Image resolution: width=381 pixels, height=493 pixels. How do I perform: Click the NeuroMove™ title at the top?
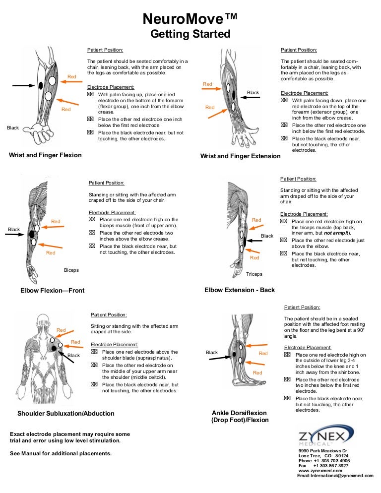tap(190, 19)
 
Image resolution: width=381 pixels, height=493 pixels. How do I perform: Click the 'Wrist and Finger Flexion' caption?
tap(45, 155)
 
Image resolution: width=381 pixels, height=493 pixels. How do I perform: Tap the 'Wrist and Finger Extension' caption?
tap(240, 156)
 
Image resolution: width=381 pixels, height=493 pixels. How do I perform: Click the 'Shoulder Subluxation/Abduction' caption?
tap(66, 413)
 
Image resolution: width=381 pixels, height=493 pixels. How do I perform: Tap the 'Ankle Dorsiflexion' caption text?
tap(239, 413)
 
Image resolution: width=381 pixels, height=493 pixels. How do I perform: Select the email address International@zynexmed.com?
tap(335, 476)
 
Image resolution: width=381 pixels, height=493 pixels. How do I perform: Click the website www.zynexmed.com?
tap(317, 471)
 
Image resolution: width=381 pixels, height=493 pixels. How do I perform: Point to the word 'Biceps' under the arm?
tap(71, 270)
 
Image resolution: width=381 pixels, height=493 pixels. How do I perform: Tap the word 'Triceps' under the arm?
tap(254, 274)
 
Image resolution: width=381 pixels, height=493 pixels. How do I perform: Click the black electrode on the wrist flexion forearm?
tap(40, 86)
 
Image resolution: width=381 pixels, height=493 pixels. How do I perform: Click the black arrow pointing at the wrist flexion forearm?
tap(23, 86)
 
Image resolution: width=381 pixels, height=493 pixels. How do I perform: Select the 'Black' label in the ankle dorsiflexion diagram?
tap(212, 353)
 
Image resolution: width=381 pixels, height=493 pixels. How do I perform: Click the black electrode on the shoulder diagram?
tap(54, 349)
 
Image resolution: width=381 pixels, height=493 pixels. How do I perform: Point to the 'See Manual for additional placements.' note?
tap(61, 453)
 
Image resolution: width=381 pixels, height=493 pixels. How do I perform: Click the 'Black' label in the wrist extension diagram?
tap(253, 93)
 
